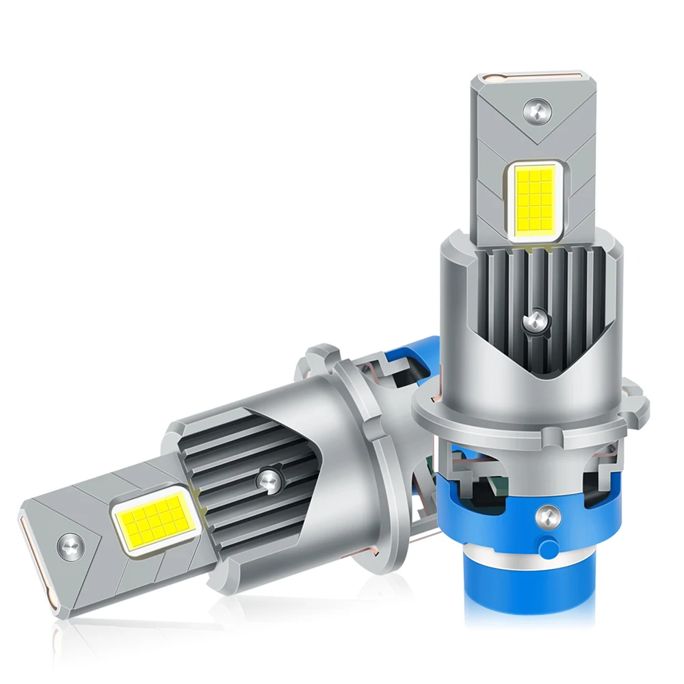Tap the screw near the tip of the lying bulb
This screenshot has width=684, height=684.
click(71, 545)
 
